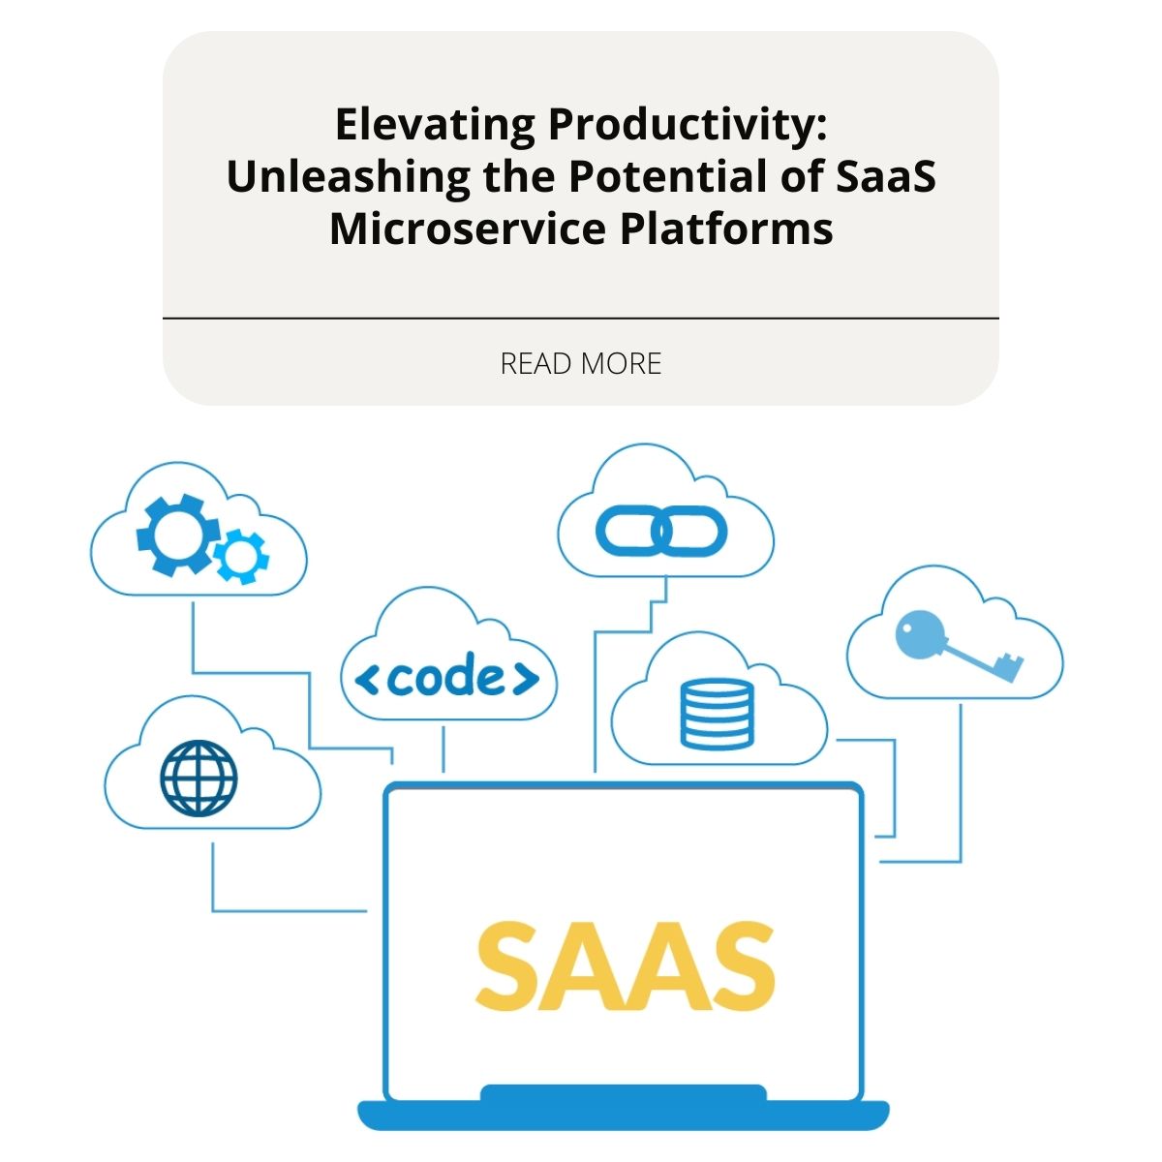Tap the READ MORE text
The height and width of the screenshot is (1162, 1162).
tap(581, 364)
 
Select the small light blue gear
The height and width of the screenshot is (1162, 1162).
tap(241, 556)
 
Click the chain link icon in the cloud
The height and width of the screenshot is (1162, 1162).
tap(661, 532)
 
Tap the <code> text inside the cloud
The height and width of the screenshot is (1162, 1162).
tap(448, 679)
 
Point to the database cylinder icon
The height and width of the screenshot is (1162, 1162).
tap(717, 714)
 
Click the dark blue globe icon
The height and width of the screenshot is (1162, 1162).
tap(199, 778)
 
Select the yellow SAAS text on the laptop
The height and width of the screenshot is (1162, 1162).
tap(626, 964)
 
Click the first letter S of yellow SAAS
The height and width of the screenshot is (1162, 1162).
tap(508, 964)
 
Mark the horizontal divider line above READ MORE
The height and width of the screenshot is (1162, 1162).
tap(581, 318)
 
